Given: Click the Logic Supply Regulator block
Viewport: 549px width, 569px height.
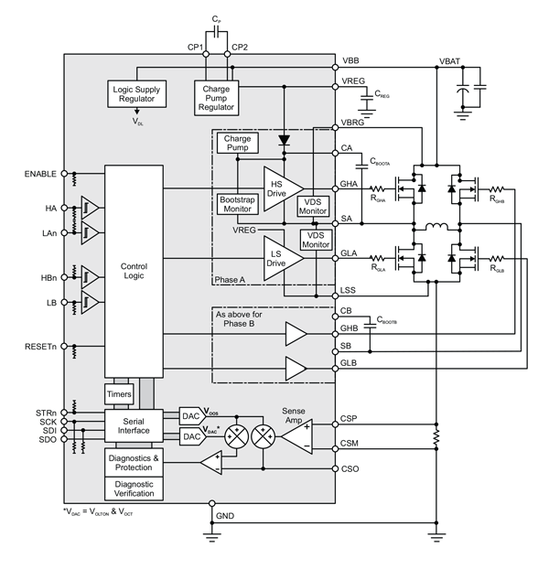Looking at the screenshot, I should click(x=138, y=97).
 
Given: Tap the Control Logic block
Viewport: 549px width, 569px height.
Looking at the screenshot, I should click(x=134, y=272).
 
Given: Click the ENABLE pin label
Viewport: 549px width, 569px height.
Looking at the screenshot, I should click(x=39, y=174).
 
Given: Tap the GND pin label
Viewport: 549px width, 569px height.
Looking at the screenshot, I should click(x=225, y=517).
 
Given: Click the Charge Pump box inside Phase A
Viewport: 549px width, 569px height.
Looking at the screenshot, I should click(x=237, y=144).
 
